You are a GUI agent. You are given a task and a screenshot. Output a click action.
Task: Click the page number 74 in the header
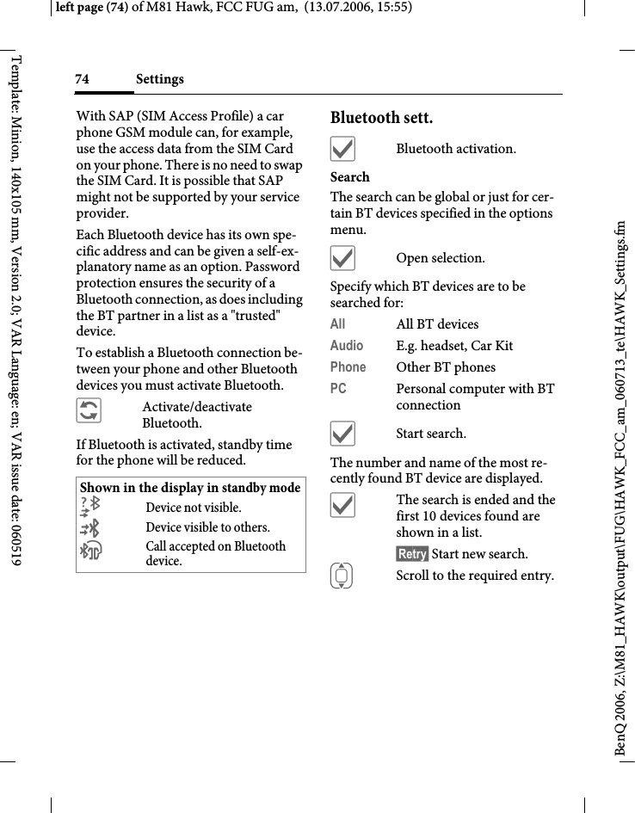pos(82,79)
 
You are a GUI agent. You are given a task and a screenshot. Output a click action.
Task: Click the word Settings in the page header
pos(159,79)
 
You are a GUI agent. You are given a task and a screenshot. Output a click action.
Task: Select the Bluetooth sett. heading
pos(381,117)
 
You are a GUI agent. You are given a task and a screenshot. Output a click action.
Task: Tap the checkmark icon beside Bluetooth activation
pos(342,150)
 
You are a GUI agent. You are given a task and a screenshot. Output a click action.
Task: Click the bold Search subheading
pos(350,177)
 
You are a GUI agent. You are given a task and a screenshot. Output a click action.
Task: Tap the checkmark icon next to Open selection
pos(342,259)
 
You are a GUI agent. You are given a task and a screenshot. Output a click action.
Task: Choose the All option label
pos(338,324)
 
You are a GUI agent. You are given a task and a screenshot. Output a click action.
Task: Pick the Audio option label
pos(347,346)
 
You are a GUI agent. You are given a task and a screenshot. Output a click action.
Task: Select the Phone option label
pos(348,367)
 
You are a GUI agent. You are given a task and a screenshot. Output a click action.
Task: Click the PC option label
pos(338,389)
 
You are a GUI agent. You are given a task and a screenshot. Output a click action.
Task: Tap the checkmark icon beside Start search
pos(342,434)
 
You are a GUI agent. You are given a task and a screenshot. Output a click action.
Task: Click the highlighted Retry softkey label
pos(412,554)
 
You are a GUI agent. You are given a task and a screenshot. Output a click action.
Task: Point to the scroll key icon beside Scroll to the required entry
pos(342,576)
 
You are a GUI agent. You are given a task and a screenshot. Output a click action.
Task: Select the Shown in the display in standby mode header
pos(190,488)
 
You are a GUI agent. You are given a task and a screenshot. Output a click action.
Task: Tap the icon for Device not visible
pos(89,507)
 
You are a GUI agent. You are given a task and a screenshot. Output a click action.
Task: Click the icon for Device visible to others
pos(89,527)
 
